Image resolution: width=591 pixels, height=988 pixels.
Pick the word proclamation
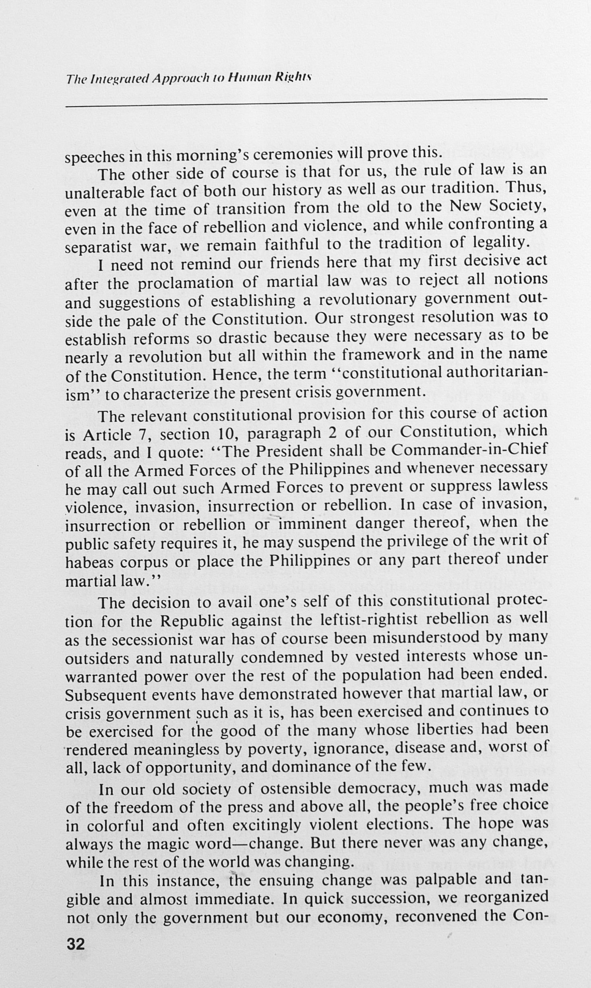click(186, 283)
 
